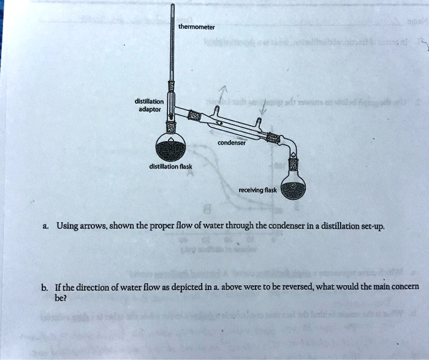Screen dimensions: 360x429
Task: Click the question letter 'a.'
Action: pyautogui.click(x=47, y=226)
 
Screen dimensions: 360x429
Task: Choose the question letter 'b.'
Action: pyautogui.click(x=46, y=286)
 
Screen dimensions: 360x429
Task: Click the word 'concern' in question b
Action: pyautogui.click(x=401, y=286)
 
